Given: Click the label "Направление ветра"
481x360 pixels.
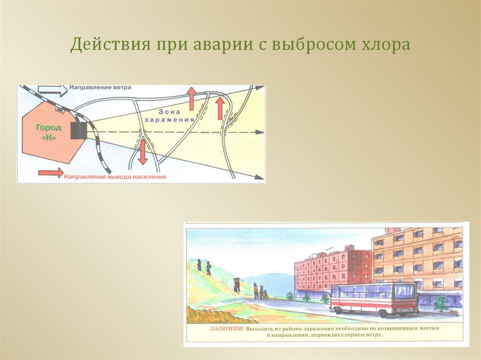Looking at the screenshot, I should tap(100, 88).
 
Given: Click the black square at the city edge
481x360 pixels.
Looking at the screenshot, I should tap(78, 130).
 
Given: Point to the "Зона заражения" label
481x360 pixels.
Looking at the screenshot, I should tap(170, 115).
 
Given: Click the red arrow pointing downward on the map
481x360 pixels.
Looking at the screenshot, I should tap(143, 153).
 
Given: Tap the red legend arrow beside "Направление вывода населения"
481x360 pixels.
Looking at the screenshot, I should tap(50, 173).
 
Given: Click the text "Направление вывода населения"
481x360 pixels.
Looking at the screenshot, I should tap(116, 177).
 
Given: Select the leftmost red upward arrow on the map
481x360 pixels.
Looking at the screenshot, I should tap(192, 98).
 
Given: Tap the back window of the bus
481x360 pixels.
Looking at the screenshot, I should tap(404, 292).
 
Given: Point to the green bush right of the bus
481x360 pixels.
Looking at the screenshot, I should tap(441, 303).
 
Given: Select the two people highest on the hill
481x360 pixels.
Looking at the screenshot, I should tap(203, 267).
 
